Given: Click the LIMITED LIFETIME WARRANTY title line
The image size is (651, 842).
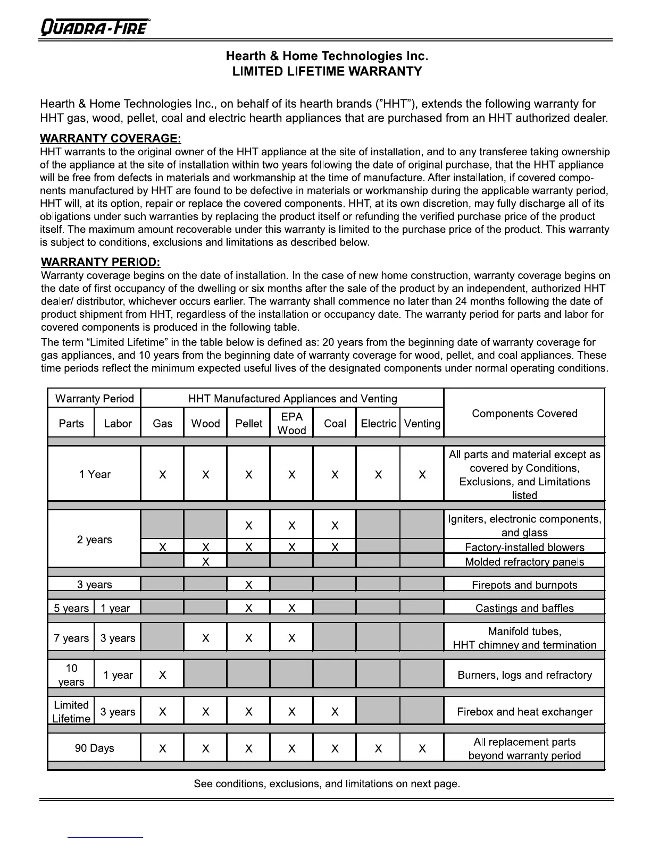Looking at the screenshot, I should (327, 72).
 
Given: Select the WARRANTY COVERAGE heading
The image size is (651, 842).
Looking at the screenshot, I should (110, 139).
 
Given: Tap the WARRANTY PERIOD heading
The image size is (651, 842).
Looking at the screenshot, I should (101, 262).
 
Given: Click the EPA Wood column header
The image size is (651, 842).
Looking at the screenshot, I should (291, 424).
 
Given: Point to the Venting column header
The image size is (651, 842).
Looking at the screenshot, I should (422, 424).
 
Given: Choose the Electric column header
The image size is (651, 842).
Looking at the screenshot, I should (378, 424).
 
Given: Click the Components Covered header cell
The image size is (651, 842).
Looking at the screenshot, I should (524, 414).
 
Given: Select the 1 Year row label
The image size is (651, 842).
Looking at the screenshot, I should (95, 474).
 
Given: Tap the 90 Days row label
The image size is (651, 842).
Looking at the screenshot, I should (95, 748).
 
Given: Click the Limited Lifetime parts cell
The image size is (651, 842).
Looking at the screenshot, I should (71, 712).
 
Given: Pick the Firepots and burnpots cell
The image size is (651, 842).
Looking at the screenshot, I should (524, 585).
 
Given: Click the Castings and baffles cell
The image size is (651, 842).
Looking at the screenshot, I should (524, 608).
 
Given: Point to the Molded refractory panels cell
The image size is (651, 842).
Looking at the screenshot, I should (524, 562).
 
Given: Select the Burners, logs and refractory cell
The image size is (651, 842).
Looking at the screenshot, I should (524, 675).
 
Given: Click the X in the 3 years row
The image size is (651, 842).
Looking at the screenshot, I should (249, 585).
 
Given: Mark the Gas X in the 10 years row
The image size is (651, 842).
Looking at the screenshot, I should (163, 675).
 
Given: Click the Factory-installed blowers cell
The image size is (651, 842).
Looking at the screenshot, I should (524, 548).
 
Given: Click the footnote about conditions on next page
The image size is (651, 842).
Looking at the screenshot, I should (327, 784).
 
